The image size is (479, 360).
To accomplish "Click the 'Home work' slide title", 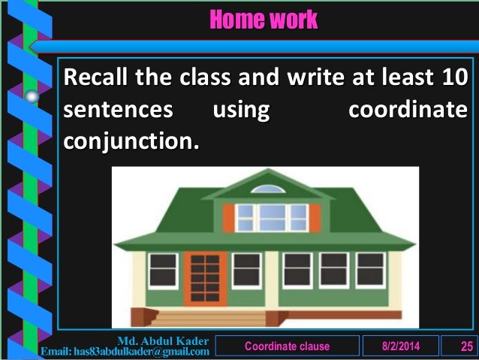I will (x=263, y=20).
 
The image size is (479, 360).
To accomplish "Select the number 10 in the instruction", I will (x=453, y=77).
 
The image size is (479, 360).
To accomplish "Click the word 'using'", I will (x=241, y=111).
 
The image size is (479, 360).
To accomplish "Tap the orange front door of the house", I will (x=205, y=278).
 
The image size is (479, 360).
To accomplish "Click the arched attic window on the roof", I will (x=268, y=189).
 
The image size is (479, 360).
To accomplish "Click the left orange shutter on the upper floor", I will (x=229, y=218).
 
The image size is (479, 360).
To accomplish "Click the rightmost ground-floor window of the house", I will (x=369, y=270).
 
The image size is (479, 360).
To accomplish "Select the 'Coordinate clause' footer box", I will (x=287, y=345).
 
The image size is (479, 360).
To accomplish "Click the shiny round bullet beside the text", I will (x=32, y=95).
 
